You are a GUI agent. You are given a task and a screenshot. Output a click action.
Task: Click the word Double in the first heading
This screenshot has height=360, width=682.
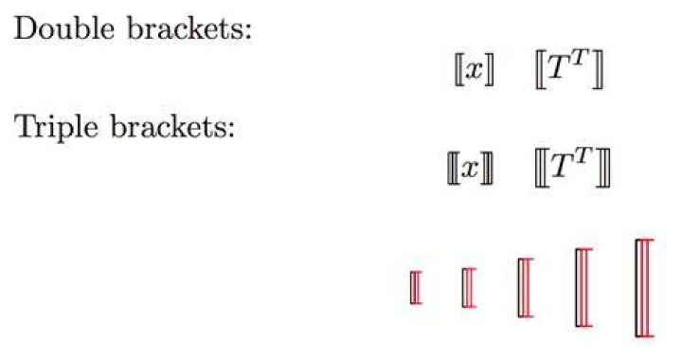pyautogui.click(x=64, y=29)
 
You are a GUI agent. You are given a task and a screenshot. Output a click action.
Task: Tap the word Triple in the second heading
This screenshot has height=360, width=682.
pyautogui.click(x=56, y=128)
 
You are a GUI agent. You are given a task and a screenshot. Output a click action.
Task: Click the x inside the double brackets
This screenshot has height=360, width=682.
pyautogui.click(x=475, y=69)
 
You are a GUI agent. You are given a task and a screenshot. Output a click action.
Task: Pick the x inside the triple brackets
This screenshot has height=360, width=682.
pyautogui.click(x=471, y=169)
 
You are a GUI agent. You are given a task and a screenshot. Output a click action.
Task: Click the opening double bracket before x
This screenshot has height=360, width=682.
pyautogui.click(x=458, y=69)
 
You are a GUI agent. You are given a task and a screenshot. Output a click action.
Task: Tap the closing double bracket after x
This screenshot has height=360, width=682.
pyautogui.click(x=490, y=69)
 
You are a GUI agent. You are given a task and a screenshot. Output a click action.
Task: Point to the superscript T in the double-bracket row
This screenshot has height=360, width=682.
pyautogui.click(x=581, y=57)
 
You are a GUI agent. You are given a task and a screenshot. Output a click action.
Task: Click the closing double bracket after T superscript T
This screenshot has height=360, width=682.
pyautogui.click(x=598, y=69)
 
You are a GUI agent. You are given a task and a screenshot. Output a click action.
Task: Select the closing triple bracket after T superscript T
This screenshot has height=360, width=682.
pyautogui.click(x=603, y=168)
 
